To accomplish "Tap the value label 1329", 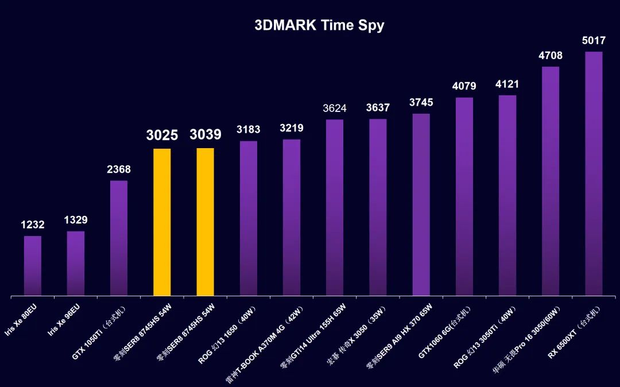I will click(76, 220).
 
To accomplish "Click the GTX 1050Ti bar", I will click(119, 238).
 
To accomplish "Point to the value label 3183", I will click(248, 130).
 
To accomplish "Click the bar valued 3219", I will click(292, 218).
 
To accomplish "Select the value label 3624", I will click(335, 108).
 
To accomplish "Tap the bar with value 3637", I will click(378, 207).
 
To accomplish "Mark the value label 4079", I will click(464, 87).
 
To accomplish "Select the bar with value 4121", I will click(507, 195).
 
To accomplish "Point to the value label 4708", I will click(550, 56).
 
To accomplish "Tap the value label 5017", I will click(594, 41).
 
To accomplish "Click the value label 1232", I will click(33, 225).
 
